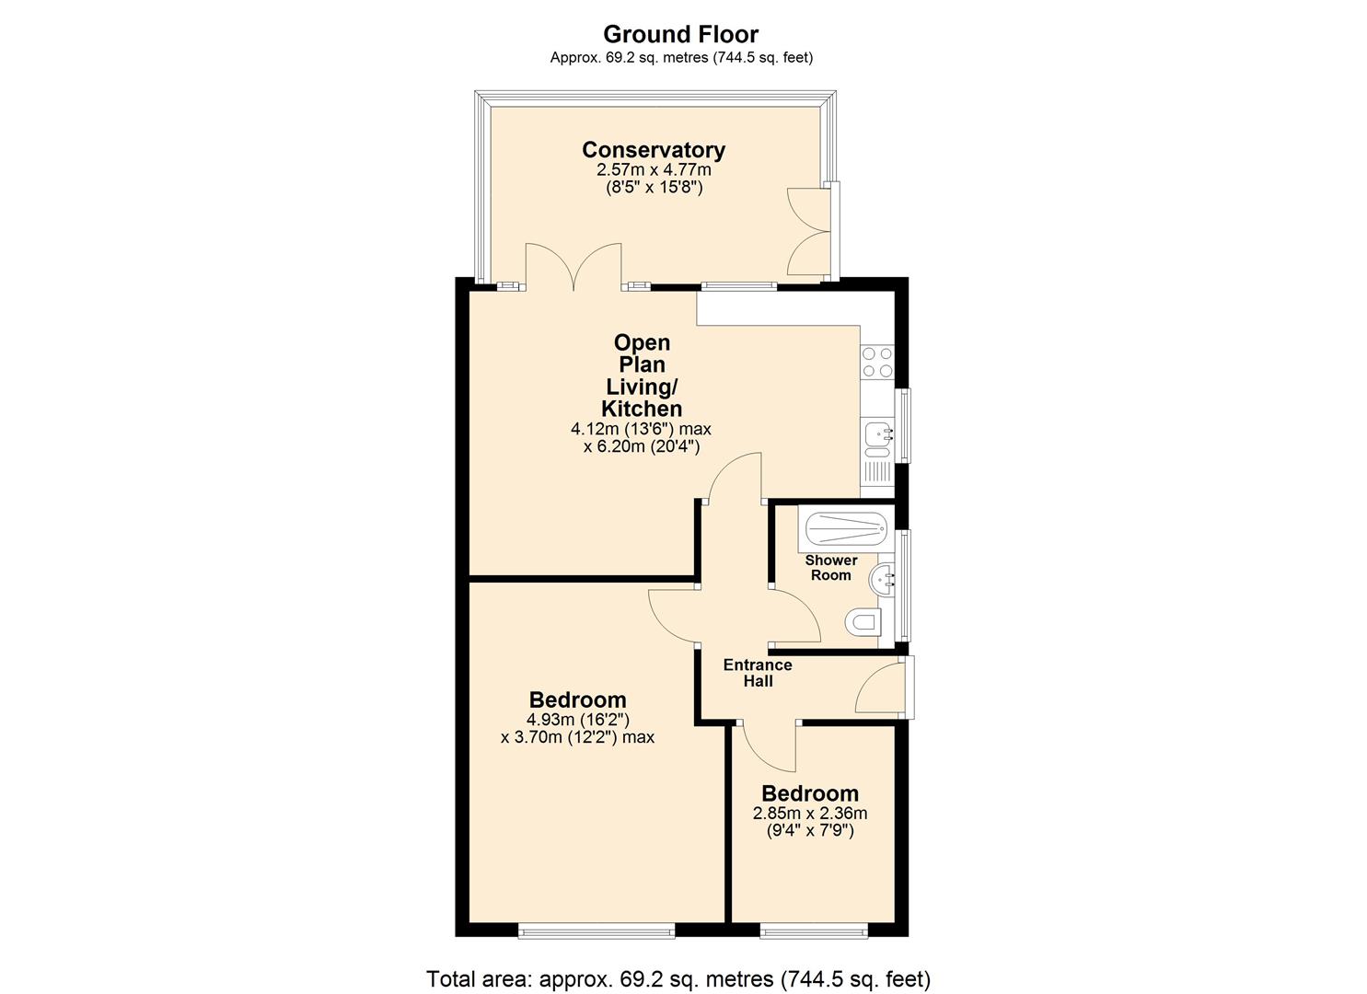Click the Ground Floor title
[680, 34]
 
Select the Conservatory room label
[654, 149]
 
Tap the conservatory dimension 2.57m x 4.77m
[654, 169]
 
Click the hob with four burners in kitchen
[876, 362]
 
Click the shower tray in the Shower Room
[846, 529]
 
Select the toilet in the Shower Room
[863, 622]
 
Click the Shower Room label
[830, 567]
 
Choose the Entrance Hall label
[757, 673]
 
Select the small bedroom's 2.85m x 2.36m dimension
[810, 814]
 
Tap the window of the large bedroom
[597, 931]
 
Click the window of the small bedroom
[814, 931]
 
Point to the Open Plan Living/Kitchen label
[642, 376]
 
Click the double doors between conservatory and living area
[573, 267]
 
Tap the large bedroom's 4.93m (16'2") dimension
[577, 720]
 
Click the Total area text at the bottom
[678, 978]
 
